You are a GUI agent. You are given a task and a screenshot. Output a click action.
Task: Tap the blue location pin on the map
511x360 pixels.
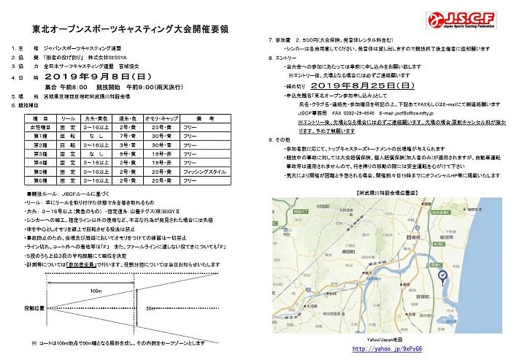(442, 275)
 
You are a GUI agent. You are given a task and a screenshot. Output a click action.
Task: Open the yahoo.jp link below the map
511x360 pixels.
(383, 349)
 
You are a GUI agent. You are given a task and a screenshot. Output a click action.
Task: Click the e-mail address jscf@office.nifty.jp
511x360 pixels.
(412, 113)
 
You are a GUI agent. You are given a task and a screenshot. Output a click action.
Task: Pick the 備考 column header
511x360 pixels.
(204, 117)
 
